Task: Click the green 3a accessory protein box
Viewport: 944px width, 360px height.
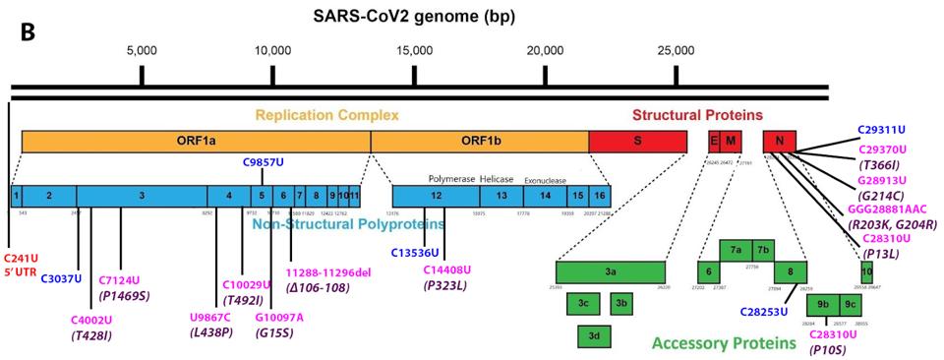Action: point(611,272)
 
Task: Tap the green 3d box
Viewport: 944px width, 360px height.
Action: point(593,336)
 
